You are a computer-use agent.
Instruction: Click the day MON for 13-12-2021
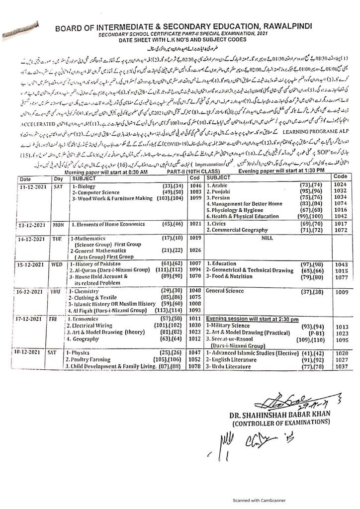pyautogui.click(x=58, y=253)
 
